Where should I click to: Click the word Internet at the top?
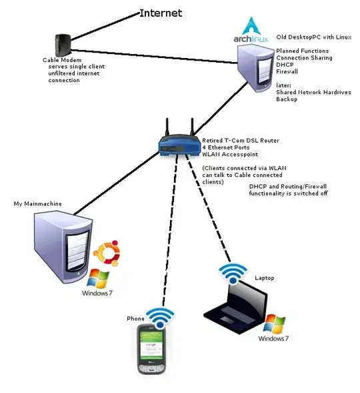(x=160, y=13)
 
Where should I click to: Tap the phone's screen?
(x=153, y=348)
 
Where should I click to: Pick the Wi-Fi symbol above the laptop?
(x=233, y=272)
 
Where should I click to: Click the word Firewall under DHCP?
(x=288, y=71)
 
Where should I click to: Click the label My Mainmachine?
(x=35, y=203)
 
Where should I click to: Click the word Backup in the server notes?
(x=287, y=99)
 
